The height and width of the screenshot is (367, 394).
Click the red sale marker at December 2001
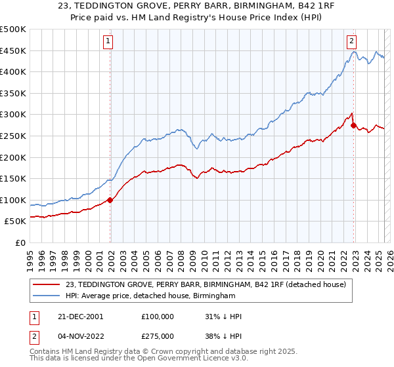[110, 200]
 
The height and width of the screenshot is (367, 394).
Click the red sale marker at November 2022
[353, 125]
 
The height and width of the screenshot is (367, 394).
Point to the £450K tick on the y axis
[13, 50]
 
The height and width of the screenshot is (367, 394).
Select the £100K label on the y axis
[13, 200]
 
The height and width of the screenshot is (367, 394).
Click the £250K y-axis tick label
[13, 136]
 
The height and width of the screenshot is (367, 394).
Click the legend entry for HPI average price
[150, 296]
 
